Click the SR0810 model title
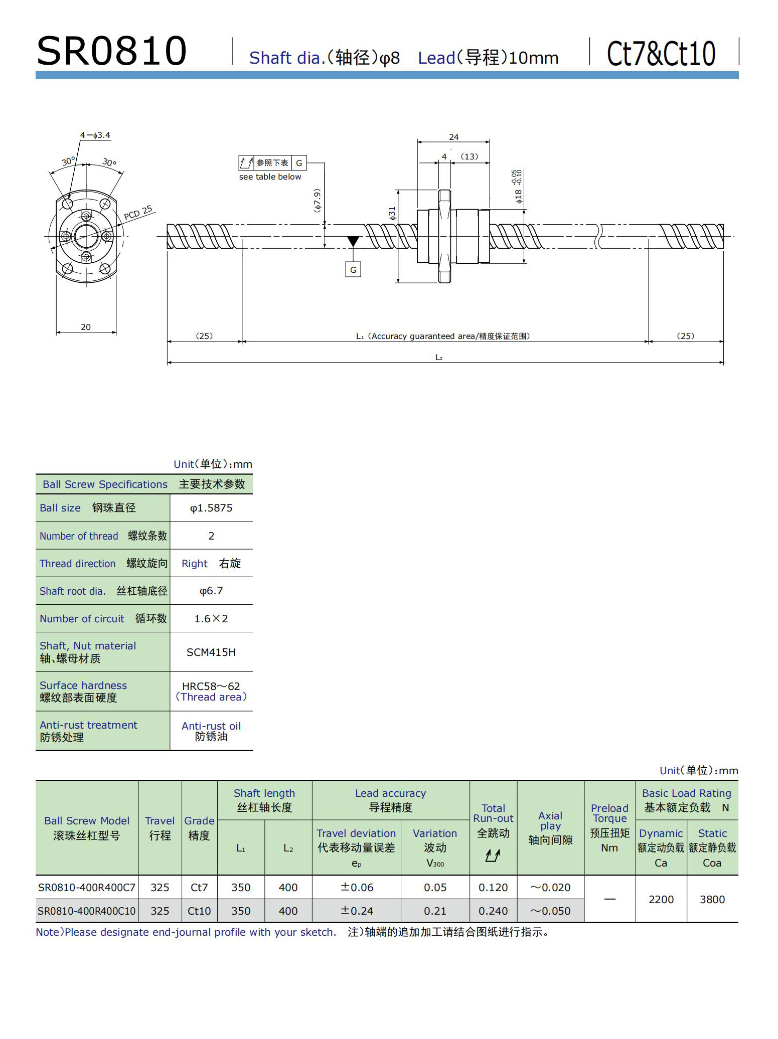pos(112,51)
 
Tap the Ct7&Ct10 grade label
pos(661,54)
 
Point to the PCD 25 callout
pos(138,213)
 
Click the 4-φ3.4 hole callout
pos(95,135)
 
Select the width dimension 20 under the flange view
pos(86,327)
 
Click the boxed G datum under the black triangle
pos(353,270)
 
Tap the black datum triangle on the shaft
pos(353,241)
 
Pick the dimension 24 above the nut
pos(453,137)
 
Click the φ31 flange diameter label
pos(392,213)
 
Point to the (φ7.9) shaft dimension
pos(317,201)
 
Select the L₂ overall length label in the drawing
pos(439,358)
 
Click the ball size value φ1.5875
pos(211,508)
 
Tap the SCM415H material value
pos(211,652)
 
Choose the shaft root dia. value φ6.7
pos(211,591)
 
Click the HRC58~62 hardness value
pos(211,686)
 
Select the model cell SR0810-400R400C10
pos(87,911)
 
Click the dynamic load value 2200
pos(661,899)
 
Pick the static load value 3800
pos(712,899)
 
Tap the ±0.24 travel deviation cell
pos(357,911)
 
